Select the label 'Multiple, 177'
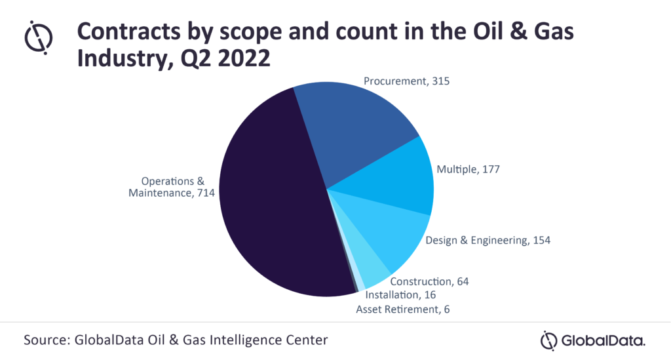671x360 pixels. [468, 169]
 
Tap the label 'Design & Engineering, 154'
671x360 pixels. [488, 240]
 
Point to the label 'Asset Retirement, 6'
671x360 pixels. [404, 309]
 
